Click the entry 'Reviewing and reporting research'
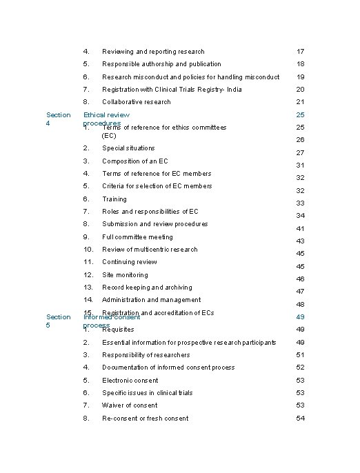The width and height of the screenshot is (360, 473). [x=153, y=52]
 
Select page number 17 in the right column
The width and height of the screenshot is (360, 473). [x=300, y=52]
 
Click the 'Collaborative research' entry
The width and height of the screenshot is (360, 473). [x=137, y=102]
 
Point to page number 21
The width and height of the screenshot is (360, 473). [x=300, y=102]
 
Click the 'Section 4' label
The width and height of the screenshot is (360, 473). [x=58, y=119]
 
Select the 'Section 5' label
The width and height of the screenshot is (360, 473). [x=58, y=321]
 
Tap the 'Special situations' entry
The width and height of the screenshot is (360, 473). [x=128, y=148]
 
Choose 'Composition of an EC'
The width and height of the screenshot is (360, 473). [x=134, y=161]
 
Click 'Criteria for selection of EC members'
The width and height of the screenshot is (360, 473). [x=157, y=186]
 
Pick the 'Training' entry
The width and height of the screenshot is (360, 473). [x=114, y=199]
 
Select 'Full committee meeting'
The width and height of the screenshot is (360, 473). [x=137, y=237]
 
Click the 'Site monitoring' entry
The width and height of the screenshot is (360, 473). [x=125, y=275]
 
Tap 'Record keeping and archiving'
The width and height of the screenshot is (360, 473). [x=147, y=288]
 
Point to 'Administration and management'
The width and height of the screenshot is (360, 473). [x=151, y=300]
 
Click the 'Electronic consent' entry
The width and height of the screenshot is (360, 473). [x=130, y=381]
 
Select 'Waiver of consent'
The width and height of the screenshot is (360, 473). [x=130, y=405]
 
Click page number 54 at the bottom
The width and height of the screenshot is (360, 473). [x=300, y=419]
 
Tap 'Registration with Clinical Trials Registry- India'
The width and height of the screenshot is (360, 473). [x=172, y=90]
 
